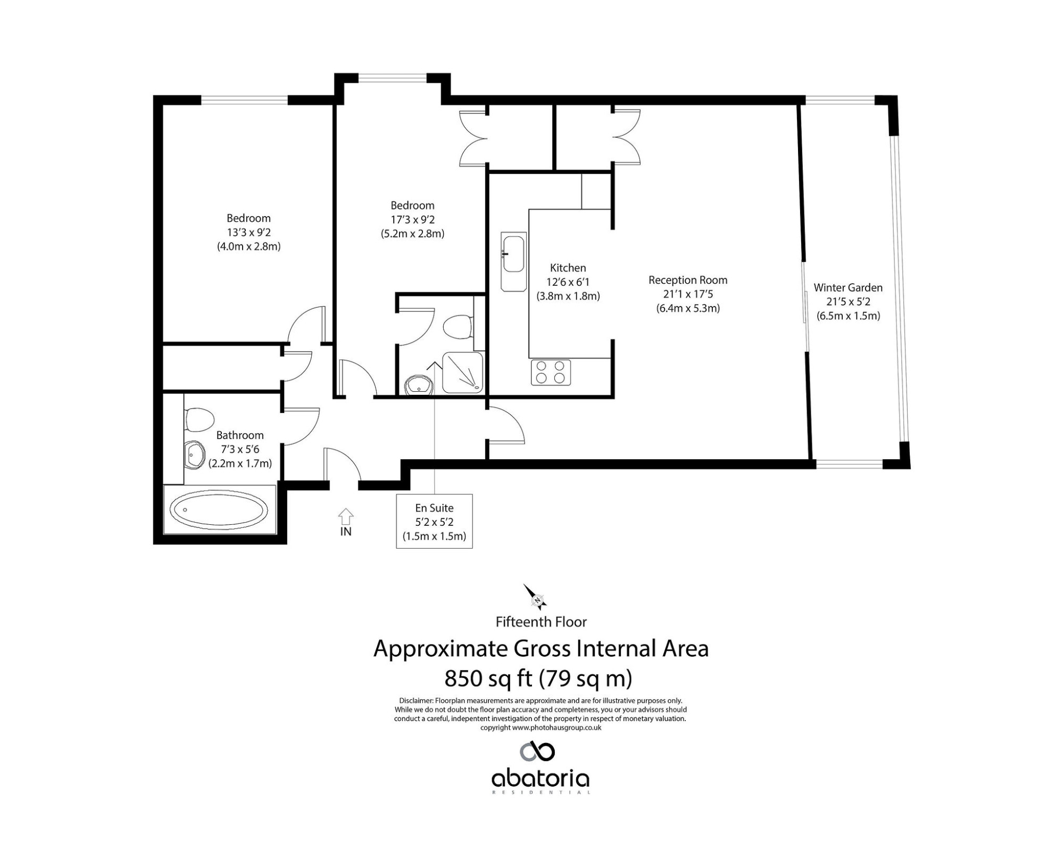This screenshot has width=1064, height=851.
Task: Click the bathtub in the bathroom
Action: pos(219,509)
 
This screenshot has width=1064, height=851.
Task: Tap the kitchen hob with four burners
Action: pos(551,373)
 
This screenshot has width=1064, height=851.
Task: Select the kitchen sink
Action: pos(513,261)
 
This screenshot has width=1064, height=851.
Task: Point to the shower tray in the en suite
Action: pos(463,373)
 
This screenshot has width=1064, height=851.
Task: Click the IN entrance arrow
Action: pos(346,515)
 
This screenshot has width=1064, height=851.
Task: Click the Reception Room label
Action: pos(688,280)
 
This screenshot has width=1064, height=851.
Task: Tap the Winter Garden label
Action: pos(848,287)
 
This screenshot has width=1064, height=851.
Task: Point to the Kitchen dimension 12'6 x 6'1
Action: pos(568,282)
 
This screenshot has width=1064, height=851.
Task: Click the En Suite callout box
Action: pos(435,522)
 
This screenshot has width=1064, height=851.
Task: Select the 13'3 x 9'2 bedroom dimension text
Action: pos(248,232)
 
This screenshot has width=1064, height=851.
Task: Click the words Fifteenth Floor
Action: pos(541,622)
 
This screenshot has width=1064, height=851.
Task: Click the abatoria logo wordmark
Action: pos(540,779)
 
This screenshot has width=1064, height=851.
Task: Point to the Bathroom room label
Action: pos(240,435)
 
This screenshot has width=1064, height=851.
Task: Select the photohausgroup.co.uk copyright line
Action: pos(541,728)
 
